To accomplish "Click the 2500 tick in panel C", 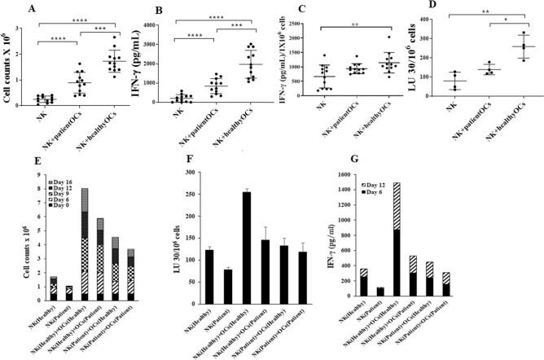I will tap(313, 27).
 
